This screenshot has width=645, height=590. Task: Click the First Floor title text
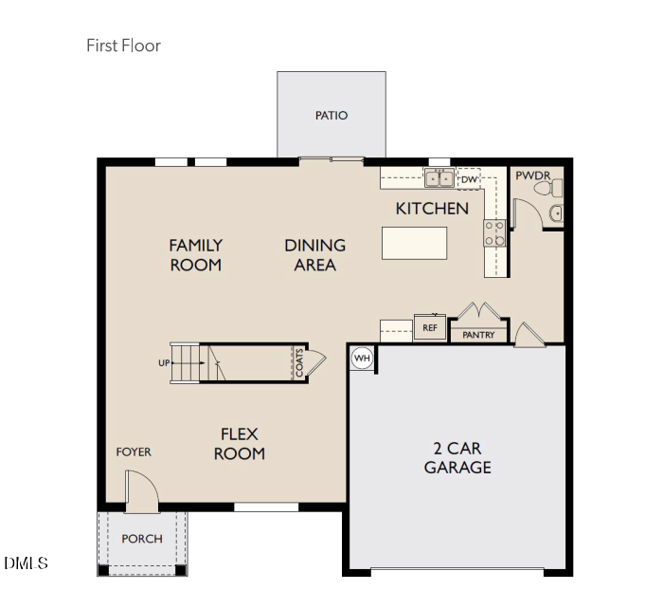point(123,46)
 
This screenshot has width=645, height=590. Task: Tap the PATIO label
point(331,116)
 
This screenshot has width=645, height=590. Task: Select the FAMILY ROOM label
point(196,255)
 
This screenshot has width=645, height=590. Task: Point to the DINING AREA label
point(314,255)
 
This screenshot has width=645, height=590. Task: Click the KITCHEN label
point(432,208)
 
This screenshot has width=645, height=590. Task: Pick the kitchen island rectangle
point(414,243)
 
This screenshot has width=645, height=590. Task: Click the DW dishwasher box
point(470,178)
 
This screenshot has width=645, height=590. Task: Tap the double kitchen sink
point(439,177)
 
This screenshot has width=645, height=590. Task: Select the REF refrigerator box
point(429,328)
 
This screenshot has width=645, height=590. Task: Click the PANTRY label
point(478,335)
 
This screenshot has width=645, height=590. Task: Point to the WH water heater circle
point(362,358)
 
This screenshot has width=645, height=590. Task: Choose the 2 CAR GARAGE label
point(457,457)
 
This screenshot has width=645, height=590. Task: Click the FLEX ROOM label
point(239,444)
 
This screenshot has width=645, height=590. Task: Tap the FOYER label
point(134,452)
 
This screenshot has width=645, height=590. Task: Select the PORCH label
point(142,539)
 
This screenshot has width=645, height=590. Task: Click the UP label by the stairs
point(164,363)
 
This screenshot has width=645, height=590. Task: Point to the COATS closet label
point(299,362)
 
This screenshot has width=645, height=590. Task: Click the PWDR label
point(532,175)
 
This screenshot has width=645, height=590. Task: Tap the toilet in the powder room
point(544,190)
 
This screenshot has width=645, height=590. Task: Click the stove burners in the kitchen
point(494,233)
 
